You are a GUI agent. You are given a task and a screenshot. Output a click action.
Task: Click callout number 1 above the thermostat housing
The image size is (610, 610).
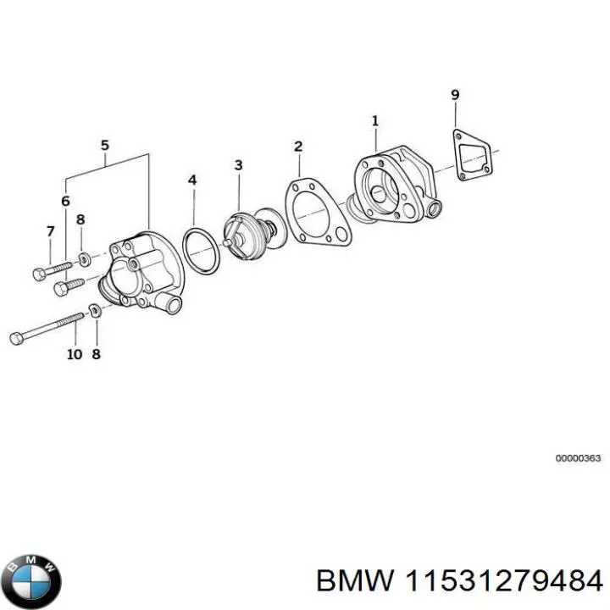pyautogui.click(x=375, y=122)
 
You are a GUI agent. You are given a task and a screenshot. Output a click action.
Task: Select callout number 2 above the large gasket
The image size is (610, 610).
pyautogui.click(x=298, y=147)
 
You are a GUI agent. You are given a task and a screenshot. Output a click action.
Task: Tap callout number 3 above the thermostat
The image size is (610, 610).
pyautogui.click(x=238, y=164)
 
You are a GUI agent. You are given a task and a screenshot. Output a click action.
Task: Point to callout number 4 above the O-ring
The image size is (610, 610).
pyautogui.click(x=192, y=180)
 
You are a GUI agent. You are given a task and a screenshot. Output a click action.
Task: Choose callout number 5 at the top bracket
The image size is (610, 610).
pyautogui.click(x=105, y=145)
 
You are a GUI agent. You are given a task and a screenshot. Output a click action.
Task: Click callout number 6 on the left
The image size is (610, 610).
pyautogui.click(x=65, y=201)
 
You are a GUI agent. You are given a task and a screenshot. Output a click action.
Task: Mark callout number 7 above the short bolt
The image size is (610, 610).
pyautogui.click(x=50, y=231)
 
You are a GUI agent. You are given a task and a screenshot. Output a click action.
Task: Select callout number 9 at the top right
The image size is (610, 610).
pyautogui.click(x=455, y=94)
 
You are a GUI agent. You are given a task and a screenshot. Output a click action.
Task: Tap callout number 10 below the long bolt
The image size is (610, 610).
pyautogui.click(x=74, y=353)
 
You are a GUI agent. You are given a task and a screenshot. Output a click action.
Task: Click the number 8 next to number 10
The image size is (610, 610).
pyautogui.click(x=96, y=353)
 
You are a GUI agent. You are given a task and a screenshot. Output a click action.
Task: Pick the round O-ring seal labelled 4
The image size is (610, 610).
pyautogui.click(x=201, y=251)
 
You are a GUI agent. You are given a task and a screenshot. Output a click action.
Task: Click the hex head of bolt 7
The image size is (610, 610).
pyautogui.click(x=37, y=274)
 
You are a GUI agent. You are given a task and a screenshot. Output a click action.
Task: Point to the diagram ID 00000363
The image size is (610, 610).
pyautogui.click(x=578, y=458)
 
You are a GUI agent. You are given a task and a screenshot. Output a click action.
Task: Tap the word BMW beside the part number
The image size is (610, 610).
pyautogui.click(x=353, y=582)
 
